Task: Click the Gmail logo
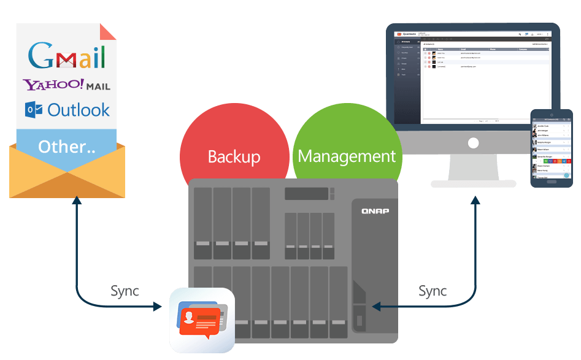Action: click(x=66, y=56)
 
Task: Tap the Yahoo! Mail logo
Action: click(x=66, y=85)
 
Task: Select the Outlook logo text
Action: click(x=79, y=110)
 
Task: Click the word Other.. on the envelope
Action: click(x=66, y=147)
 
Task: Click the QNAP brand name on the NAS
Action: click(x=374, y=212)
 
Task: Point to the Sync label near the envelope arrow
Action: click(x=125, y=291)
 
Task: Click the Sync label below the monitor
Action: click(x=433, y=291)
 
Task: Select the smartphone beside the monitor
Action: click(x=551, y=148)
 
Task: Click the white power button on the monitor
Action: click(x=473, y=143)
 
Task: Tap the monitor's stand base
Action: click(x=473, y=183)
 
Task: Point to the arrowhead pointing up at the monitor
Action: click(x=475, y=200)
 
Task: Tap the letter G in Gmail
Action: click(x=42, y=56)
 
